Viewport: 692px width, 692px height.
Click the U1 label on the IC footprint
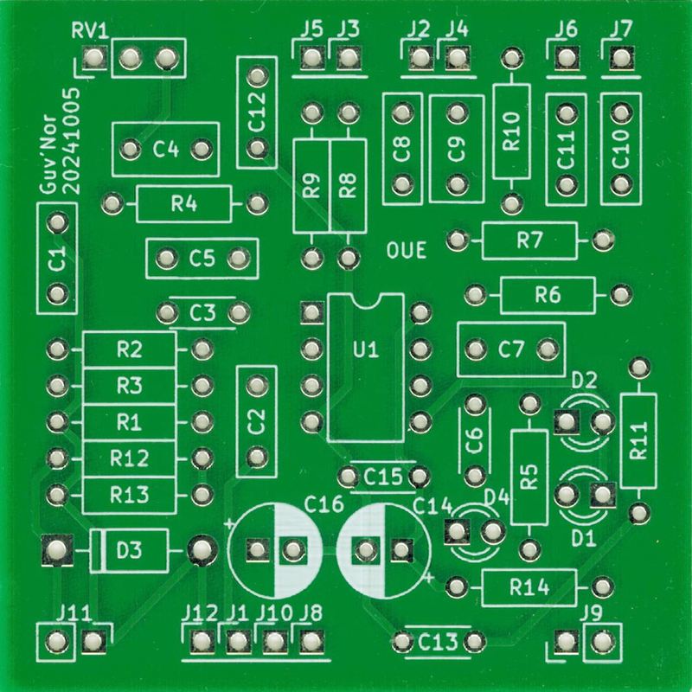(367, 350)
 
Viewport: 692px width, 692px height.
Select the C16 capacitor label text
(324, 503)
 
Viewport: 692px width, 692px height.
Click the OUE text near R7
(407, 252)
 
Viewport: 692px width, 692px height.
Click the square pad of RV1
(93, 59)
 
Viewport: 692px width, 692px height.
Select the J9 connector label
(593, 613)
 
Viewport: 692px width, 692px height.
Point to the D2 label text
(585, 380)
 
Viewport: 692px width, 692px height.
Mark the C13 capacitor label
(437, 643)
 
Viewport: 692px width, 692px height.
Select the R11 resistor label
(639, 441)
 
